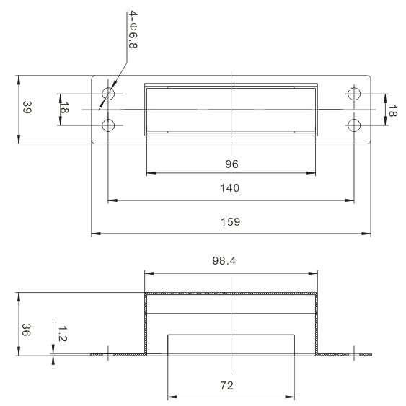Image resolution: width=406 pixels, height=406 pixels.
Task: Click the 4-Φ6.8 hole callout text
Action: point(133,30)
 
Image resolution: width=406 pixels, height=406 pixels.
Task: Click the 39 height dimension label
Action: point(27,107)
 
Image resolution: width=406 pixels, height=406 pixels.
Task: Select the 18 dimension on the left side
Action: point(64,107)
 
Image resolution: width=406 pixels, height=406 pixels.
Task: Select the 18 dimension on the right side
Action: point(392,111)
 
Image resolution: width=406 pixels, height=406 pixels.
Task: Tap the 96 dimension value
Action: point(231,164)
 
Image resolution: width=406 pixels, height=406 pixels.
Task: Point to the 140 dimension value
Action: point(229,188)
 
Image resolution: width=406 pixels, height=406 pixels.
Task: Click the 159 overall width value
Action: point(231,222)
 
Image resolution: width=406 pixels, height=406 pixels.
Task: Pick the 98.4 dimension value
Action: point(224,261)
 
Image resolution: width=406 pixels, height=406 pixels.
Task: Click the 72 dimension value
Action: point(227,386)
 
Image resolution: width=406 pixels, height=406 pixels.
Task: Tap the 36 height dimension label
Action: point(26,330)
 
